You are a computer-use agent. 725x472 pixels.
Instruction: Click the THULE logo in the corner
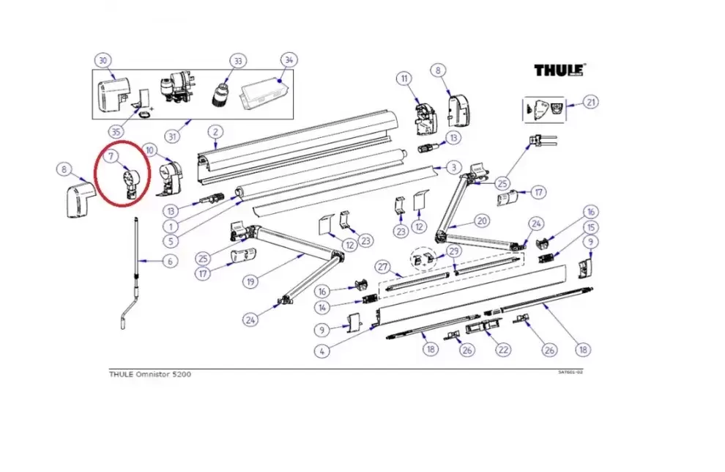pyautogui.click(x=560, y=70)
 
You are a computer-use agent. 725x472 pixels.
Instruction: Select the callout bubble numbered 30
pyautogui.click(x=103, y=61)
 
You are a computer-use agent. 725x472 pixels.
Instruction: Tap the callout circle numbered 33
pyautogui.click(x=237, y=60)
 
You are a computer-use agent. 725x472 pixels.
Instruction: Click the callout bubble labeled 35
pyautogui.click(x=115, y=132)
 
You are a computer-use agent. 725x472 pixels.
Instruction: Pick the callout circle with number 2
pyautogui.click(x=215, y=132)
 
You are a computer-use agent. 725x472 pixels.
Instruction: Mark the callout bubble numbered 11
pyautogui.click(x=405, y=78)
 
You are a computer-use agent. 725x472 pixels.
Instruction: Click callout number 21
pyautogui.click(x=591, y=102)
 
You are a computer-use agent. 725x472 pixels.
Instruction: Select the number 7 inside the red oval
pyautogui.click(x=112, y=156)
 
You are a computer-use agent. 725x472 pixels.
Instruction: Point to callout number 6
pyautogui.click(x=169, y=260)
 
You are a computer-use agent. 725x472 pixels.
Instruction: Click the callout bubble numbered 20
pyautogui.click(x=481, y=221)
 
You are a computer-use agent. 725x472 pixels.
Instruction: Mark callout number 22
pyautogui.click(x=502, y=350)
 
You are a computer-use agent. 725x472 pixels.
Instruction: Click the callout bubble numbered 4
pyautogui.click(x=321, y=351)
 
